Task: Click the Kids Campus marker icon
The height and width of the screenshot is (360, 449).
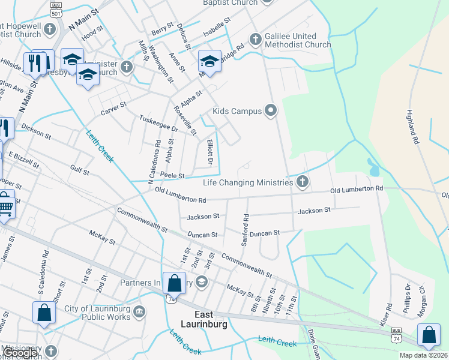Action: point(271,110)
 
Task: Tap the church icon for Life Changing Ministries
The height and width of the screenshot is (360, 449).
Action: point(303,181)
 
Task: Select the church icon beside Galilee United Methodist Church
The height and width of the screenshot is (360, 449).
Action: point(256,40)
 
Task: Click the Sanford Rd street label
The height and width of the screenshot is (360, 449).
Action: point(244,229)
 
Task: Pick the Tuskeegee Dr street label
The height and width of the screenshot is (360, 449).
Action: point(159,124)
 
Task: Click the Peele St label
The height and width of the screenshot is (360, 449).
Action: point(172,175)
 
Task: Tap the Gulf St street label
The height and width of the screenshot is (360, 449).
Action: point(79,171)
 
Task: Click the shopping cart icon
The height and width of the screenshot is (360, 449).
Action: point(5,205)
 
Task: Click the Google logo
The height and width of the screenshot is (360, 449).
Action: point(20,353)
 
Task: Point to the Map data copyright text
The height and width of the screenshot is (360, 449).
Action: point(424,355)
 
